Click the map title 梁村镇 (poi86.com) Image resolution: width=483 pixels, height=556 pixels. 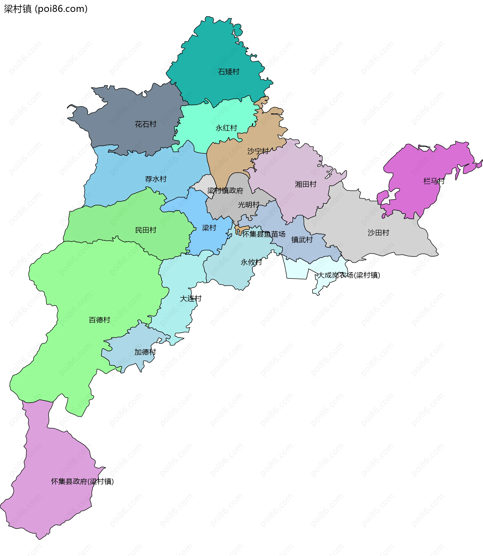click(x=46, y=9)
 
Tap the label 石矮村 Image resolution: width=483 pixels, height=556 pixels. click(x=229, y=72)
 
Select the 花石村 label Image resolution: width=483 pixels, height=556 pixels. click(x=146, y=124)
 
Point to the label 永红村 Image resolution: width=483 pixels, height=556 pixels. click(x=226, y=128)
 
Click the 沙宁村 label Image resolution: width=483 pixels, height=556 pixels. click(x=258, y=151)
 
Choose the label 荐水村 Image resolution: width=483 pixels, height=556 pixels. click(x=156, y=179)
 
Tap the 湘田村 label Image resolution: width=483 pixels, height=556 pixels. click(x=306, y=184)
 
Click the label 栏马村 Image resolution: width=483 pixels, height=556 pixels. click(x=434, y=181)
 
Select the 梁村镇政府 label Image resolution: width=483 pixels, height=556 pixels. click(x=225, y=191)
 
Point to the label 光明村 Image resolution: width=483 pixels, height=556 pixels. click(x=249, y=205)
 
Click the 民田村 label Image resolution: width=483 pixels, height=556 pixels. click(x=146, y=230)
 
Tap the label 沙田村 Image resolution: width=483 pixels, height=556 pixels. click(x=378, y=233)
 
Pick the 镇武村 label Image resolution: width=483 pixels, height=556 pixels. click(x=302, y=240)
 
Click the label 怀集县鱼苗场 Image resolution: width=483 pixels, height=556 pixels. click(x=264, y=234)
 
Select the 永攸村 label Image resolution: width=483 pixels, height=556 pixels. click(x=251, y=262)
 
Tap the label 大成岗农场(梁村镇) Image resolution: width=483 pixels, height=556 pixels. click(x=349, y=275)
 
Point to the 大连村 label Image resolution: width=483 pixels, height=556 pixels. click(x=191, y=298)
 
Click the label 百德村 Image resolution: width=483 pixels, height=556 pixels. click(x=99, y=320)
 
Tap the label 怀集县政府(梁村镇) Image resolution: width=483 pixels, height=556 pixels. click(x=83, y=481)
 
